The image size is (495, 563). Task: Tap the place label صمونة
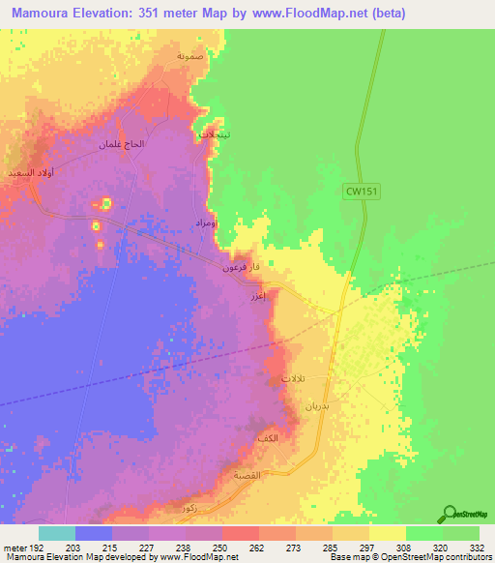click(x=189, y=55)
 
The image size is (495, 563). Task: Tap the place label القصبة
click(x=247, y=475)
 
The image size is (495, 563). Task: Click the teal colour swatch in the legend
click(x=56, y=533)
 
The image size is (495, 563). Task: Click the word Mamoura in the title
click(x=46, y=13)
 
